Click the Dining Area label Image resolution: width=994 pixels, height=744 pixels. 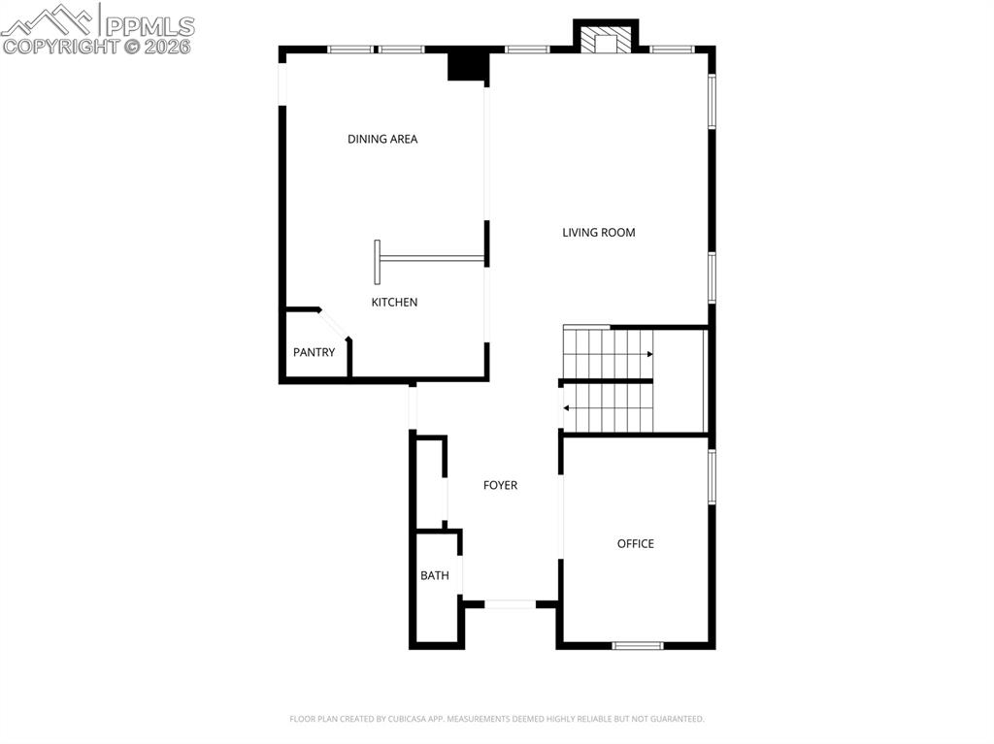[x=382, y=139]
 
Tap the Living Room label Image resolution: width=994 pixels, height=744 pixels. [x=599, y=232]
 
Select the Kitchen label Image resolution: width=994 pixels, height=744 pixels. [x=394, y=302]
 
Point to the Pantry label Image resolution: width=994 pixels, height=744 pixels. [x=314, y=352]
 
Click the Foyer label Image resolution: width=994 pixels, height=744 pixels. [x=500, y=485]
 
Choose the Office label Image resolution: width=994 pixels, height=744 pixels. [x=636, y=543]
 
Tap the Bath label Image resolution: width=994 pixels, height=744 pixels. [x=435, y=575]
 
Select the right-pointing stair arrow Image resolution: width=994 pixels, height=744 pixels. [x=648, y=354]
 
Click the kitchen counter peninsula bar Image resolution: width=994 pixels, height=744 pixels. [x=430, y=258]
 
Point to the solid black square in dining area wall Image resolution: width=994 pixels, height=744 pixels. [x=466, y=66]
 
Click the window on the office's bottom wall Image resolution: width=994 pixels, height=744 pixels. [x=638, y=645]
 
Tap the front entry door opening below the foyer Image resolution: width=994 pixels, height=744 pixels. [x=510, y=604]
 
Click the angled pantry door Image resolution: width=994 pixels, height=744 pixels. [x=335, y=324]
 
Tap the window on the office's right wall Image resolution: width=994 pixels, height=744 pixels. [x=712, y=476]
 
